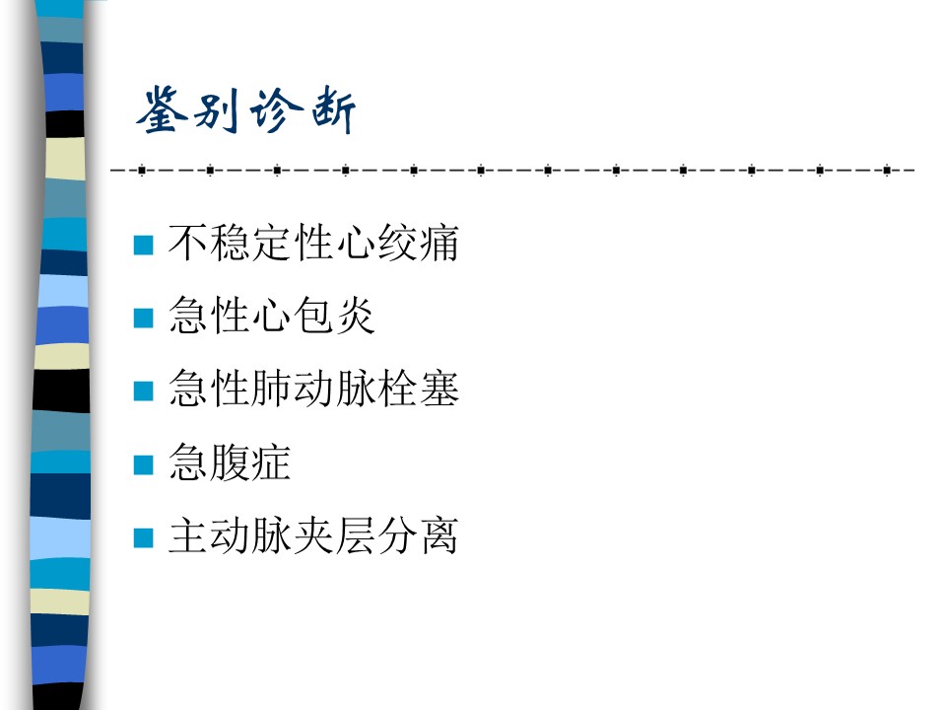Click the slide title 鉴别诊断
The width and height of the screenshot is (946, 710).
246,109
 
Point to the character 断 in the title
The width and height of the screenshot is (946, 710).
334,110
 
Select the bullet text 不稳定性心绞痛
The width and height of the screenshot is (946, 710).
313,243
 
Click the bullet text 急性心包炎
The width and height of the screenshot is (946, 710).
272,316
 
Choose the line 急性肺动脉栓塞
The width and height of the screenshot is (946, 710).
313,389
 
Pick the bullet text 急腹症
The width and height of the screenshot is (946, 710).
230,462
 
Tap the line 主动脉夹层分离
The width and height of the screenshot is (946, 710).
313,535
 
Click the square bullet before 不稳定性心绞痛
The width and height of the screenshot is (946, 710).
143,246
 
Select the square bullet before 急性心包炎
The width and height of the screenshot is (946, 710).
143,319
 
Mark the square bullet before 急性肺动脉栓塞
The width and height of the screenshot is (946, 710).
143,391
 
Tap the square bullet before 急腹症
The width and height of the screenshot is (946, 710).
143,464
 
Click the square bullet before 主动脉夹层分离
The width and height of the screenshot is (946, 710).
143,538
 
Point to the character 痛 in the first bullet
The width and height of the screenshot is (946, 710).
439,243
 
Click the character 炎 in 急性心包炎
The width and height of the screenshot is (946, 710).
356,316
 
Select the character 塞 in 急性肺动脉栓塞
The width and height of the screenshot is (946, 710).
439,389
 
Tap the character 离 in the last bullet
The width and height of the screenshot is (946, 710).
439,535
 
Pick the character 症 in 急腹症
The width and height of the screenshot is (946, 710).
272,462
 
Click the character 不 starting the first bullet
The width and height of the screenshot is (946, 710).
188,243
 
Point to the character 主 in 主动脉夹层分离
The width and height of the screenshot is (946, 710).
188,535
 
